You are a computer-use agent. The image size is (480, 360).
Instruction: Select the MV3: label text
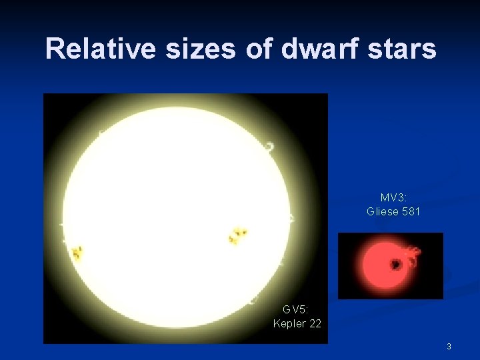pyautogui.click(x=393, y=198)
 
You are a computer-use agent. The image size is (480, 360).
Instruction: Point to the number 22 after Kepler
pyautogui.click(x=315, y=323)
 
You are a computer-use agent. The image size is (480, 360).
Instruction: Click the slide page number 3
pyautogui.click(x=449, y=346)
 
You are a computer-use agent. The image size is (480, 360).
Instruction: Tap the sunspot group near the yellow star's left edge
pyautogui.click(x=77, y=253)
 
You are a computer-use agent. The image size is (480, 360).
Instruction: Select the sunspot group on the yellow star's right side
pyautogui.click(x=237, y=235)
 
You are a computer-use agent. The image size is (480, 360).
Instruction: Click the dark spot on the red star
pyautogui.click(x=395, y=265)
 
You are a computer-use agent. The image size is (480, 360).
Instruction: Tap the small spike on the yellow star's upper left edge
pyautogui.click(x=99, y=134)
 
